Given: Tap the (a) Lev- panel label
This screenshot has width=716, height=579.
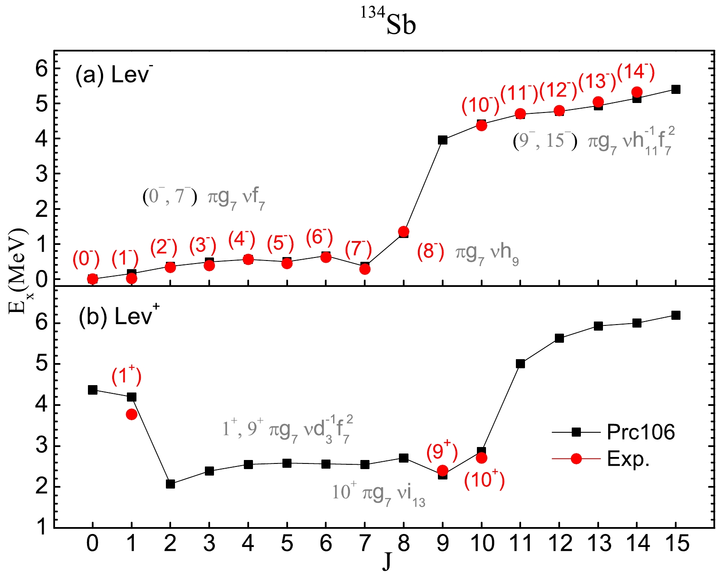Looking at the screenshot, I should (113, 75).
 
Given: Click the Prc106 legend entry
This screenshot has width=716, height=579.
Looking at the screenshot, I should (640, 432).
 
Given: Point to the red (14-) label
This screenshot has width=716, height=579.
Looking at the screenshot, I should (636, 72).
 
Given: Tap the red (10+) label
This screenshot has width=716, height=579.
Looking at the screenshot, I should (485, 480).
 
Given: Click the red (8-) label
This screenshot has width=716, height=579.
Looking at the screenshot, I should (431, 251).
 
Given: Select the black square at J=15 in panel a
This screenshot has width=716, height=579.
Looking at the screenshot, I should (675, 90).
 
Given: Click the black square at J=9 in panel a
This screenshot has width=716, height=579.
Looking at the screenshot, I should (442, 140).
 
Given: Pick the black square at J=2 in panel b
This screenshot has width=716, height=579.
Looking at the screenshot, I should (170, 484).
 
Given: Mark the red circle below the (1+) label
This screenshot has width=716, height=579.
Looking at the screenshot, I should (132, 414).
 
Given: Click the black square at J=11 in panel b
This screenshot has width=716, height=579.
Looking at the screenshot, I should (520, 363).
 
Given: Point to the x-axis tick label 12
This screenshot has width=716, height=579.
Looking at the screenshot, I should (559, 544).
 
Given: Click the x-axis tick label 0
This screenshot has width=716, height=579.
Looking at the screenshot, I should (92, 544).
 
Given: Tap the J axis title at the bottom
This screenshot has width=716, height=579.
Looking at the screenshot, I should (386, 561).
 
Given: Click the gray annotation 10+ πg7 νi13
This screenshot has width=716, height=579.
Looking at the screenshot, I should (379, 493).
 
